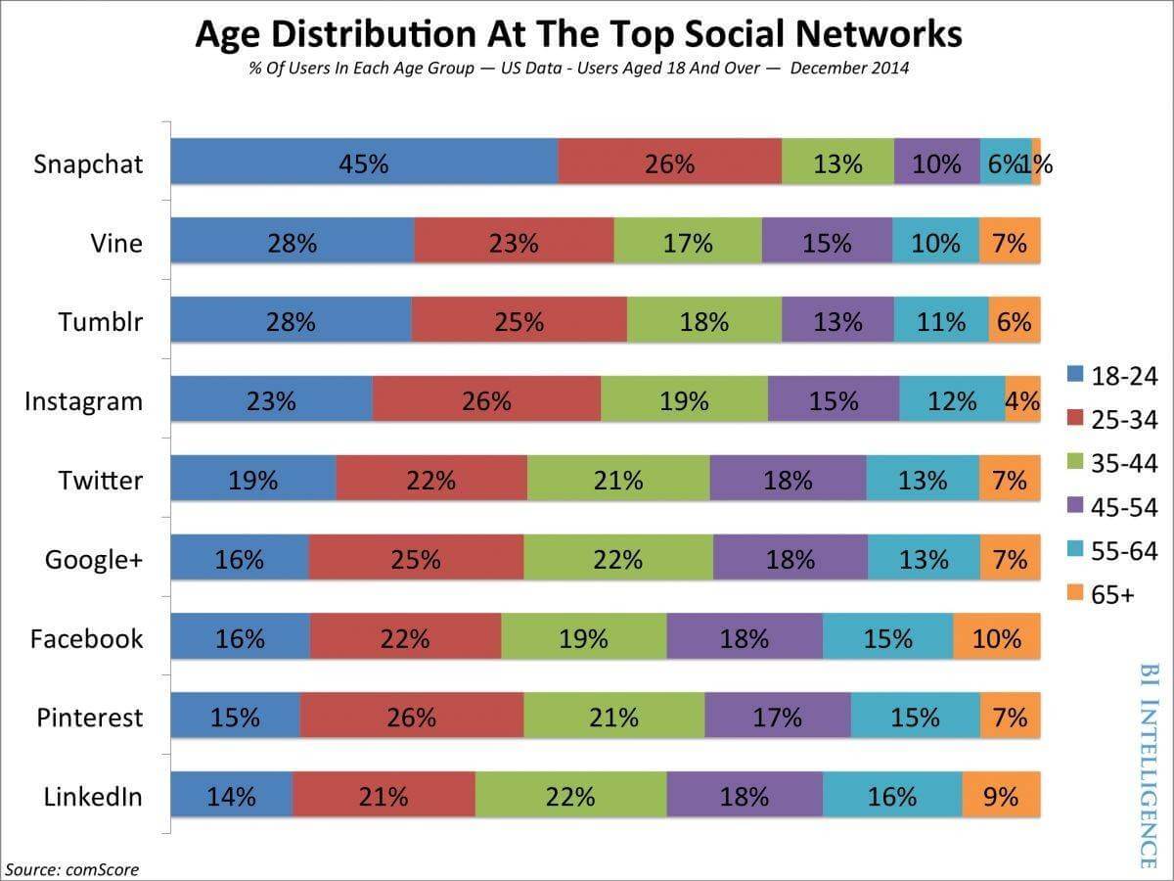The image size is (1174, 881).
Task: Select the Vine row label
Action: [115, 243]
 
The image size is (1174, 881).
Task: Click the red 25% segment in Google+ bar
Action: [416, 559]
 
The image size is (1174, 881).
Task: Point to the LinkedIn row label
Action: [93, 797]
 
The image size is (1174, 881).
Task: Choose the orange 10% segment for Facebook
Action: [996, 638]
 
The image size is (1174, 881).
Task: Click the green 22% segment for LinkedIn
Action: [570, 797]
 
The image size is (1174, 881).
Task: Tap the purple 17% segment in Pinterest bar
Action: [777, 718]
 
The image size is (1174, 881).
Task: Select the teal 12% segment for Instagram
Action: [952, 400]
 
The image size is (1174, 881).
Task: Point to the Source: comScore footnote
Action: [72, 868]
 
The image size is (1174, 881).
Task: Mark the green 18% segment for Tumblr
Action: [703, 321]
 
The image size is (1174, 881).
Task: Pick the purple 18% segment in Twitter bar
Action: [788, 480]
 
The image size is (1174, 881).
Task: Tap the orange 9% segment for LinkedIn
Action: [1001, 797]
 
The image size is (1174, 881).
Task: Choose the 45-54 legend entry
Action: [1111, 507]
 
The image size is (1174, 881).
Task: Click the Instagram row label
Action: [83, 401]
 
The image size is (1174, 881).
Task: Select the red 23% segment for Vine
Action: [514, 242]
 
